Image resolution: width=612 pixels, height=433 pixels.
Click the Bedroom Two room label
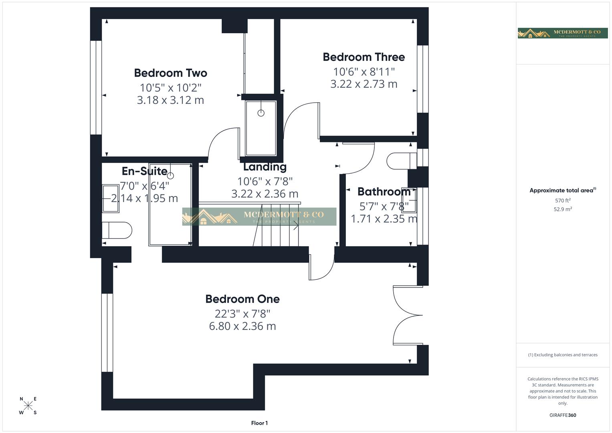170,73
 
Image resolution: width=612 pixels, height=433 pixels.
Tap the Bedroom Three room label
364,57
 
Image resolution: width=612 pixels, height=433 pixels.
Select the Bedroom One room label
242,299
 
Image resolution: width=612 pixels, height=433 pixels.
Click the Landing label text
265,167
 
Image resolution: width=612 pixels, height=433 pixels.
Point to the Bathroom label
384,192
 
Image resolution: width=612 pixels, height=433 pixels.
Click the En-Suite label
144,171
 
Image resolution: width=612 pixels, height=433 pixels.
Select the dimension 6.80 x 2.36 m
242,326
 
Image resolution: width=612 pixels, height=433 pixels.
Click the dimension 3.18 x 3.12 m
170,100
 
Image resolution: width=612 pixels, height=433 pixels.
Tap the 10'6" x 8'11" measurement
364,71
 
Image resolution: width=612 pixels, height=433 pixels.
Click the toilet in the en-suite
117,231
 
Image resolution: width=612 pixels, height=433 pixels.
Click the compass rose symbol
28,406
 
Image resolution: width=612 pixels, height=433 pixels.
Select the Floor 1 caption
259,423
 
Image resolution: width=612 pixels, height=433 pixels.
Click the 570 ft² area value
562,200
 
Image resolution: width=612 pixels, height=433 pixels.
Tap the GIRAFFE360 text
562,415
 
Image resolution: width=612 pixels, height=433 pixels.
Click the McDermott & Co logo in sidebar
562,33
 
